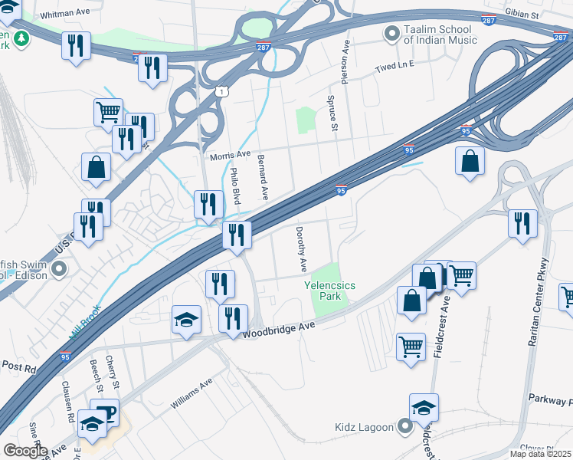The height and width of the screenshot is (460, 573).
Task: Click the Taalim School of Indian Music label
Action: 443,34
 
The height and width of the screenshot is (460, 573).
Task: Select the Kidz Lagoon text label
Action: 362,426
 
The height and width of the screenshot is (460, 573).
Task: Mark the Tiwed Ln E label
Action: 394,67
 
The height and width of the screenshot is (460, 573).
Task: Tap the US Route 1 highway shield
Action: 221,92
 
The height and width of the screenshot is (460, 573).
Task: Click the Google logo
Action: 25,451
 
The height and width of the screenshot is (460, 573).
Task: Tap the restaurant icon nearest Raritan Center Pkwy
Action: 522,223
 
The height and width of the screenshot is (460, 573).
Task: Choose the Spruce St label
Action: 332,113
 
